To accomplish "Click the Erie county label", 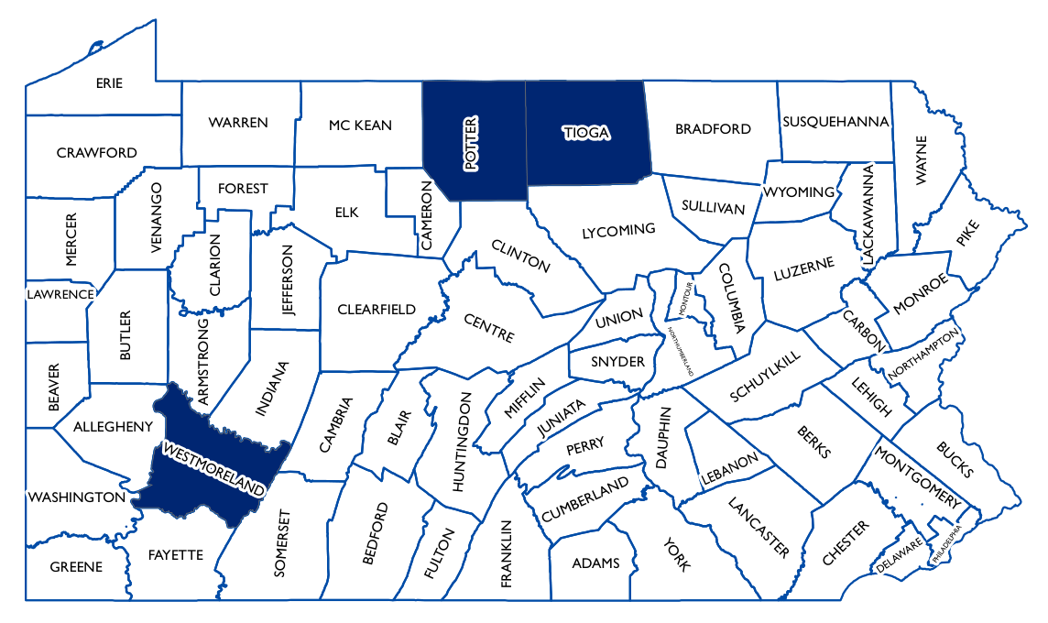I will [109, 83].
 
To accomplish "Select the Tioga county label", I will [586, 133].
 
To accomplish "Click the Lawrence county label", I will [60, 294].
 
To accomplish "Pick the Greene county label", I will [76, 567].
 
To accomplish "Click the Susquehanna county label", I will [835, 121].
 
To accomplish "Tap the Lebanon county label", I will [730, 469].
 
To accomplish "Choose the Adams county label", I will [595, 563].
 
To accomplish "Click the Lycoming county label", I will [619, 231].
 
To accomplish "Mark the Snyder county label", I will [617, 362].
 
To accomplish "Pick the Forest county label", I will [243, 188].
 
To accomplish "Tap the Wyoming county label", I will [799, 192].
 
